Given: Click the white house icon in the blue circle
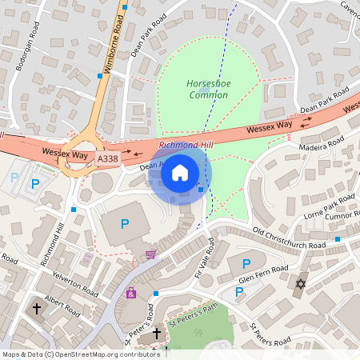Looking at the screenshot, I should click(180, 172).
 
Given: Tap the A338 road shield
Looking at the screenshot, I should click(109, 159).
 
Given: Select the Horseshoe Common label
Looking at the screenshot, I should click(208, 89).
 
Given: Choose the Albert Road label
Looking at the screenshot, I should click(62, 304).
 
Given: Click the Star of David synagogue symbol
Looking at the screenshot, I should click(302, 284).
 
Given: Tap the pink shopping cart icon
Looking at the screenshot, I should click(150, 254).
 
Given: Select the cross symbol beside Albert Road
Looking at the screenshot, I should click(36, 307).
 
